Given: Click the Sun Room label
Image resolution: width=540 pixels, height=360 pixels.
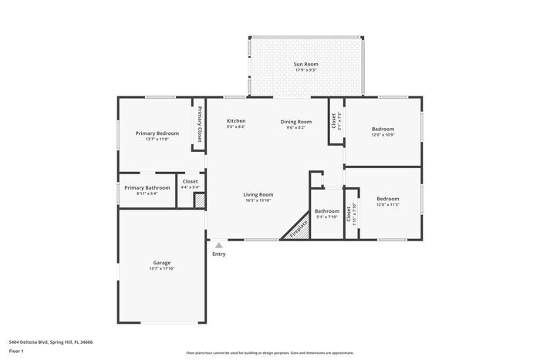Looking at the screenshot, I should point(305,64).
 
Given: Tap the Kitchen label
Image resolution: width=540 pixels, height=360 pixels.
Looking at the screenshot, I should point(236,121).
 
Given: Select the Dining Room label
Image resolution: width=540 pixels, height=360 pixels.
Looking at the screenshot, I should point(295,121).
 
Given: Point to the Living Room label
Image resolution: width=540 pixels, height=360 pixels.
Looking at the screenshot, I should point(258,194).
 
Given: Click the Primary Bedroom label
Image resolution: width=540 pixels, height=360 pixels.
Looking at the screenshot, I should point(157,133).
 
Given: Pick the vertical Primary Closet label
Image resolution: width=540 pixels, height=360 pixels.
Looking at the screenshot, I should point(198,124).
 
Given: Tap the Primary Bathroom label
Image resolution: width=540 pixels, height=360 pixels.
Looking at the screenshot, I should point(147,187).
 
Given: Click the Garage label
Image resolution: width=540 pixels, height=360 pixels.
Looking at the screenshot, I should point(161,263).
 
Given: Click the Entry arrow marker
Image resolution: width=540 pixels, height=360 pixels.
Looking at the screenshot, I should point(219,245).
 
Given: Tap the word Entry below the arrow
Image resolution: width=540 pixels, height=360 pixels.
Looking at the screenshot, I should point(219,254).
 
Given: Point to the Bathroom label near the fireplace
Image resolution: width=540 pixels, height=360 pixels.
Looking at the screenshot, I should point(326,210).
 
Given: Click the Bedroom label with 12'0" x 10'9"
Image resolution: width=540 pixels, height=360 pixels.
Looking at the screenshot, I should point(383,129).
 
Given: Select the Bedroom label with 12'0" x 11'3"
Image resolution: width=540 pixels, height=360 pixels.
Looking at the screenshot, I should point(387,199).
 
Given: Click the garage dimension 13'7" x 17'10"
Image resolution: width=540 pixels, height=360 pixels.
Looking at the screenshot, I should point(161,269).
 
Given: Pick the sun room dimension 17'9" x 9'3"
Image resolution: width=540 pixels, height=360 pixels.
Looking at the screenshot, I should point(305,70).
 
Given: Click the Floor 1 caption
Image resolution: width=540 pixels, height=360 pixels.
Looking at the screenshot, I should point(16,351).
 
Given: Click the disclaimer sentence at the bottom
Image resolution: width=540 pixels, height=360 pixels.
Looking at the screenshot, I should point(269,351).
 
